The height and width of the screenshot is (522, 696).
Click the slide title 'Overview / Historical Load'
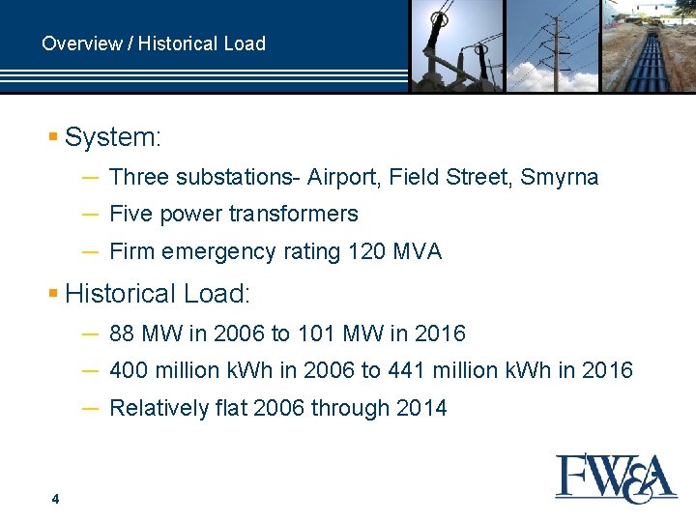pyautogui.click(x=154, y=43)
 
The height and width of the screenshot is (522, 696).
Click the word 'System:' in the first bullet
pyautogui.click(x=113, y=137)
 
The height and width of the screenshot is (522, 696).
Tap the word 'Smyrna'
pyautogui.click(x=560, y=178)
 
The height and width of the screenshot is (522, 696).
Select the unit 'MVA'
pyautogui.click(x=417, y=252)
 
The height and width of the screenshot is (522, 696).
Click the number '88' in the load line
pyautogui.click(x=123, y=334)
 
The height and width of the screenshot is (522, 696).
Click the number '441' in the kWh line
pyautogui.click(x=402, y=371)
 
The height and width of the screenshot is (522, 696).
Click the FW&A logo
pyautogui.click(x=615, y=478)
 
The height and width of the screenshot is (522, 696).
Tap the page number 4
pyautogui.click(x=55, y=499)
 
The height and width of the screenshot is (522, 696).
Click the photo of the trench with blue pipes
pyautogui.click(x=650, y=45)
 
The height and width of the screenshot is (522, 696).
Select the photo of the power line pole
pyautogui.click(x=553, y=45)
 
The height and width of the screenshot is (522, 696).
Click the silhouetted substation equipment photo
pyautogui.click(x=456, y=45)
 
